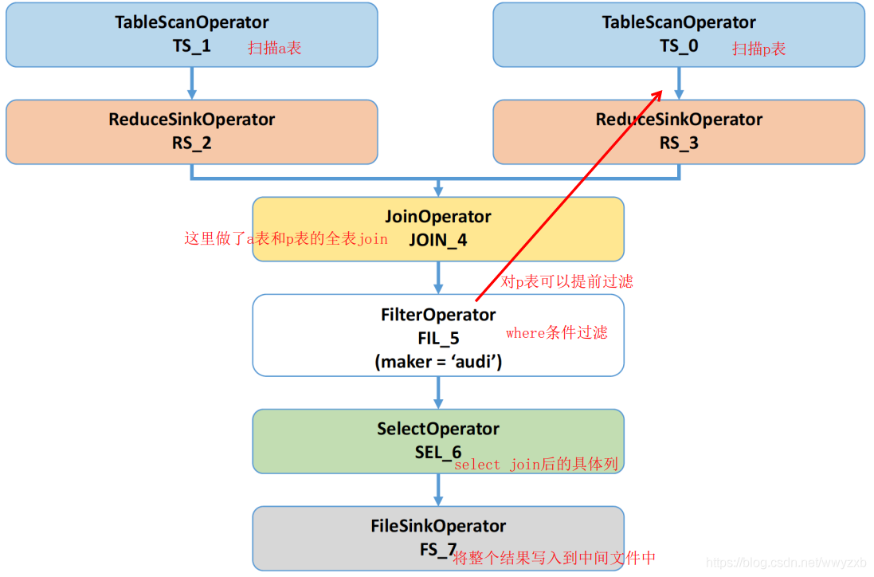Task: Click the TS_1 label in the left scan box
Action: pyautogui.click(x=192, y=46)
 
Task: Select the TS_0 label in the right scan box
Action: pyautogui.click(x=679, y=46)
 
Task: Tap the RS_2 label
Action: pyautogui.click(x=192, y=143)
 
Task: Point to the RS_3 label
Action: pyautogui.click(x=679, y=143)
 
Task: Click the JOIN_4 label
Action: pyautogui.click(x=438, y=241)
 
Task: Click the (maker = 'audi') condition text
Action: pyautogui.click(x=438, y=361)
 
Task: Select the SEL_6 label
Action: pyautogui.click(x=437, y=453)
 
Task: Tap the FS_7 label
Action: pyautogui.click(x=437, y=550)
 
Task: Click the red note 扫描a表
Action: pyautogui.click(x=275, y=49)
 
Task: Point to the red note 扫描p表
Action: pyautogui.click(x=759, y=49)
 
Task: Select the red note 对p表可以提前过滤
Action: pyautogui.click(x=567, y=282)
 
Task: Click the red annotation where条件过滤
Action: pyautogui.click(x=557, y=333)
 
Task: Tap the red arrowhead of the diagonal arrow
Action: pyautogui.click(x=658, y=95)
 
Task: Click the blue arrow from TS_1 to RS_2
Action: pyautogui.click(x=192, y=83)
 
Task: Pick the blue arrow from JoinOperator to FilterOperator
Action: pyautogui.click(x=438, y=277)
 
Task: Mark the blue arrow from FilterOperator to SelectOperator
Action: pyautogui.click(x=438, y=392)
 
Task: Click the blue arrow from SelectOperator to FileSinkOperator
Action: pyautogui.click(x=438, y=489)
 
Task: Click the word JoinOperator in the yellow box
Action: pyautogui.click(x=438, y=217)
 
